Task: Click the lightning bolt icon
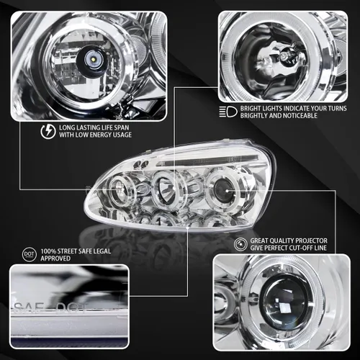[x=48, y=131]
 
